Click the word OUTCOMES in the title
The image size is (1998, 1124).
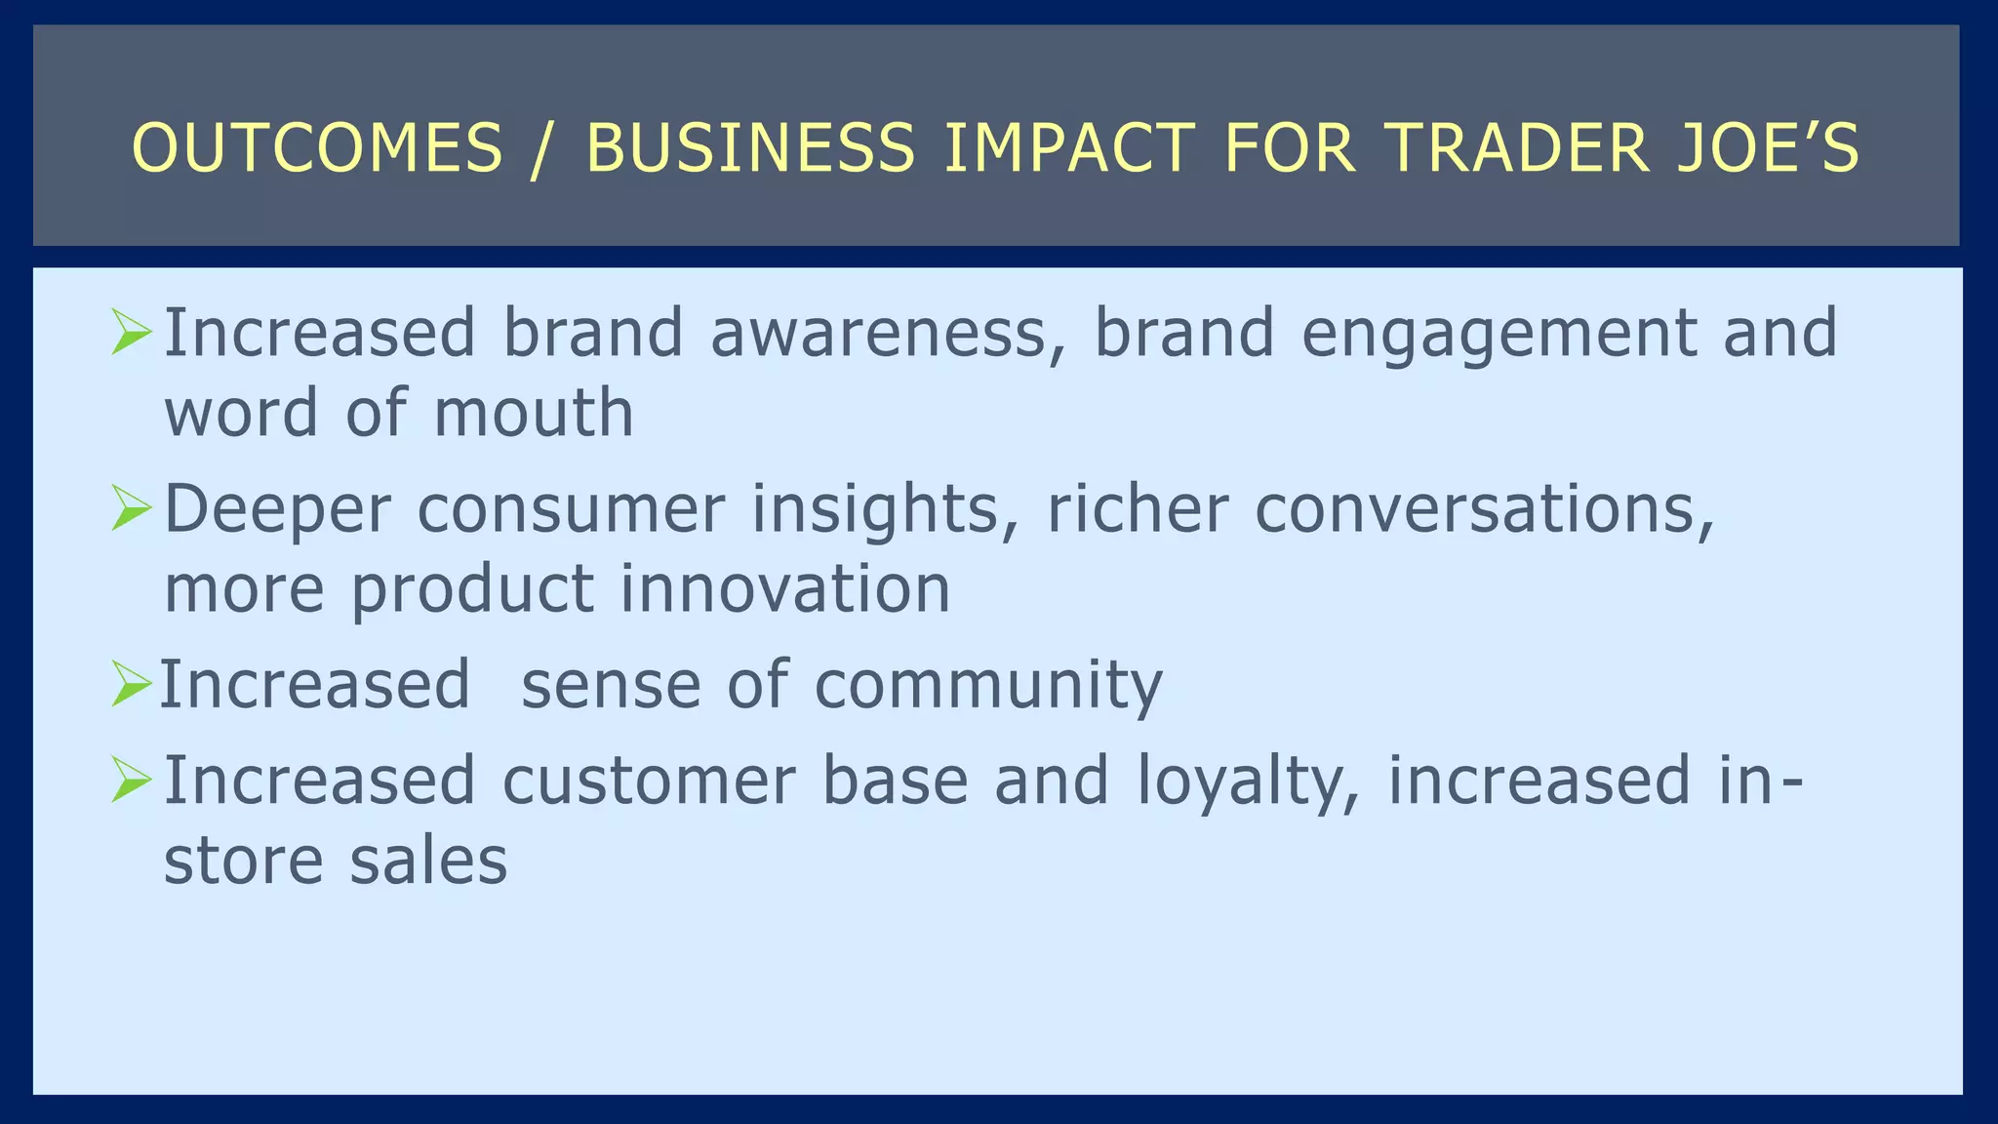click(317, 148)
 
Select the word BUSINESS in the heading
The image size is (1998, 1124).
click(750, 148)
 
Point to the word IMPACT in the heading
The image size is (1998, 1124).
click(1068, 148)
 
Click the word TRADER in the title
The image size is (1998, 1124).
click(1517, 148)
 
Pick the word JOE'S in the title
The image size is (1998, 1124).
click(1768, 148)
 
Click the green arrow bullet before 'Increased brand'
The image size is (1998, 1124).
click(131, 332)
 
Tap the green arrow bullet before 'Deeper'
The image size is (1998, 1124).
click(131, 507)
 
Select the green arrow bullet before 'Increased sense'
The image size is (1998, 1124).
click(131, 683)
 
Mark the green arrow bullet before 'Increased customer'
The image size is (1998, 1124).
click(131, 780)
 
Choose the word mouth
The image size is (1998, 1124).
click(534, 413)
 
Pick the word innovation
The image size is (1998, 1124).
click(785, 588)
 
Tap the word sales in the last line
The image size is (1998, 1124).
click(428, 861)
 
